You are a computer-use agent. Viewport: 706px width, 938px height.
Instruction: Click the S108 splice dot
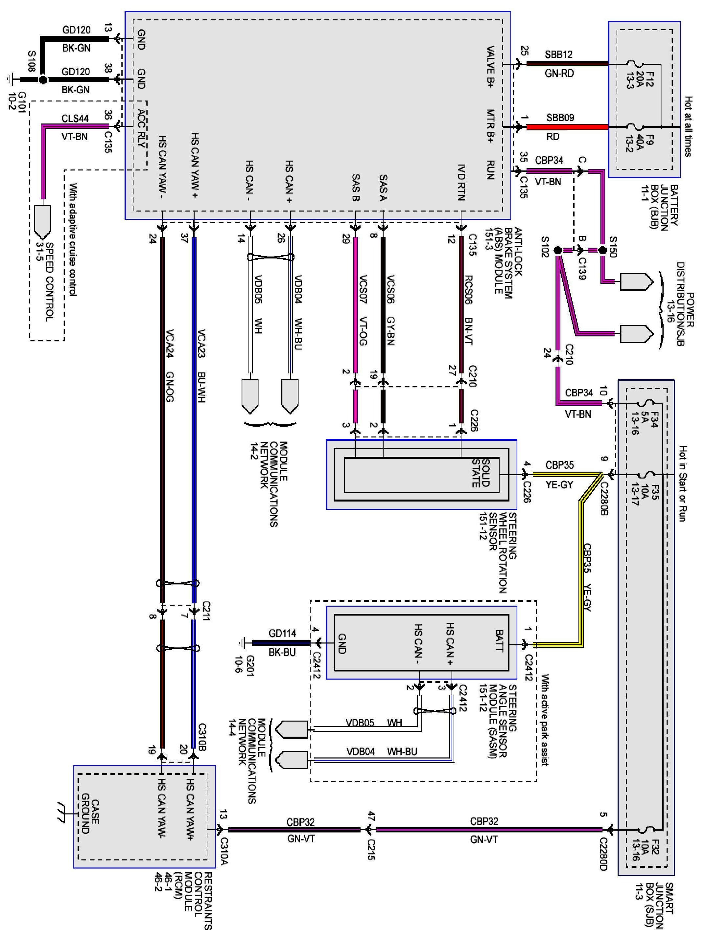[42, 79]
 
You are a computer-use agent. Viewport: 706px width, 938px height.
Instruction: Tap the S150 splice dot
[602, 250]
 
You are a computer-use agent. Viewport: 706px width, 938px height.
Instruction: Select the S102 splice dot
[558, 250]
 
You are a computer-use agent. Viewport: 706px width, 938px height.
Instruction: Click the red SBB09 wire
[567, 127]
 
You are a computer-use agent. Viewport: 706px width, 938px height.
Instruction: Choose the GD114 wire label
[282, 634]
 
